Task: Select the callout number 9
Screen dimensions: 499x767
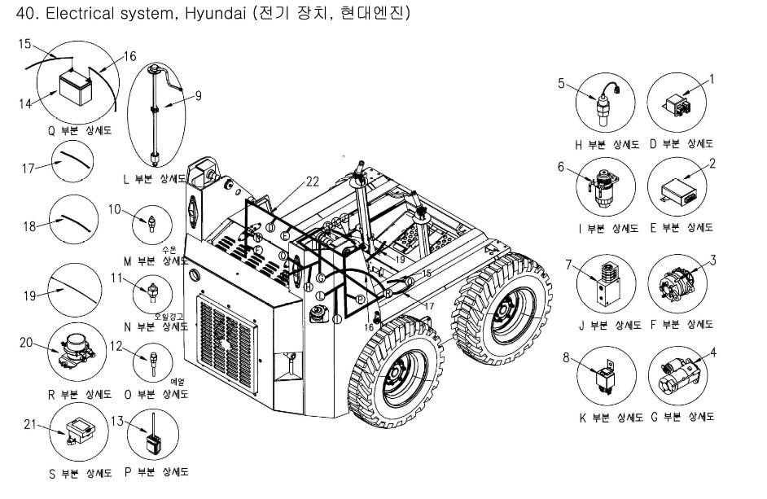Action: click(x=198, y=94)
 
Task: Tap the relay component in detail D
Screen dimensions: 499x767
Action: click(x=677, y=103)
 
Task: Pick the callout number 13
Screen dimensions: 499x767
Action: click(x=116, y=421)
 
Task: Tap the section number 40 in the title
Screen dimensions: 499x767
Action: click(x=12, y=15)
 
